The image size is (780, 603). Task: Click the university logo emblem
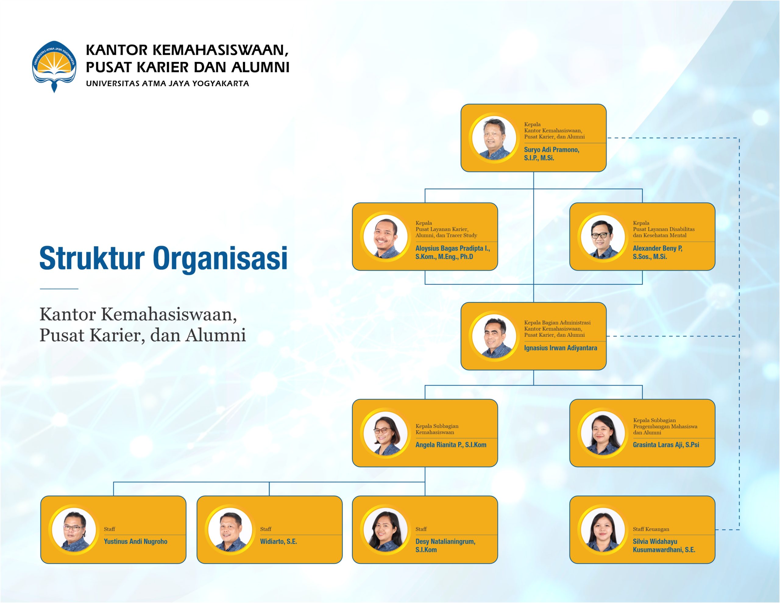[54, 66]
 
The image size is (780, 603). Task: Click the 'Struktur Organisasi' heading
[163, 258]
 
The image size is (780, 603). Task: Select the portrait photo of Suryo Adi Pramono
[494, 138]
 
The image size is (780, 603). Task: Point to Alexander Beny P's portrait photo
[603, 236]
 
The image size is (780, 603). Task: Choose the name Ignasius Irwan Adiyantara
[560, 348]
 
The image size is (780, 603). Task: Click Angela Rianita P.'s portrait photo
[385, 433]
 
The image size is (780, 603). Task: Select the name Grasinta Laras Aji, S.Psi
[666, 445]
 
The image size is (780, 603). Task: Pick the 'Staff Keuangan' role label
[651, 529]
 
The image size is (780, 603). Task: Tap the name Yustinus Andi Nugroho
[135, 541]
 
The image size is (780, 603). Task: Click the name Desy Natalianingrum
[445, 541]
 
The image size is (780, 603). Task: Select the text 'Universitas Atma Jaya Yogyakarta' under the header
[168, 83]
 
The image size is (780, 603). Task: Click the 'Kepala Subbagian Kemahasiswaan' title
[437, 429]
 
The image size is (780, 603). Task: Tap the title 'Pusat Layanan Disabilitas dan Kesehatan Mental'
[664, 232]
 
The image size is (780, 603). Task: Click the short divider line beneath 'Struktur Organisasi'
[59, 289]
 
